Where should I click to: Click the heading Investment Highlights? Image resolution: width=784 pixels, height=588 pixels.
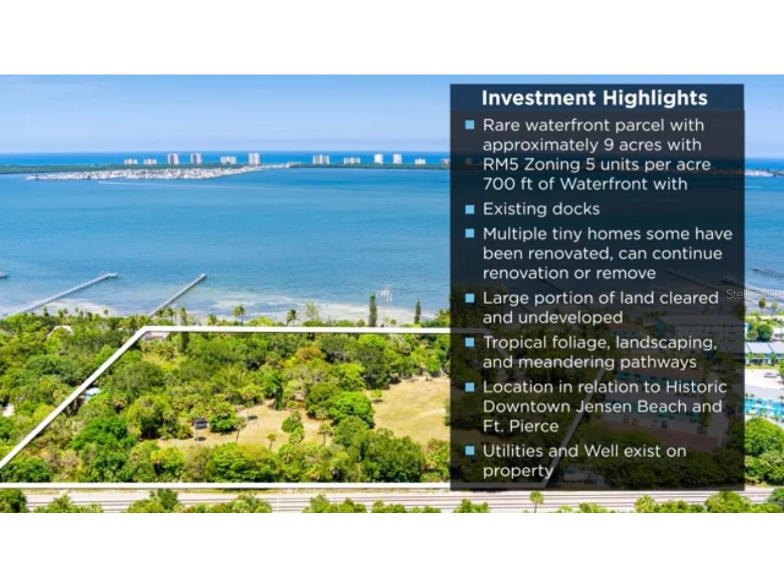pyautogui.click(x=594, y=98)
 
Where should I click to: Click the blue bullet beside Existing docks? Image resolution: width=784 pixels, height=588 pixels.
pyautogui.click(x=470, y=209)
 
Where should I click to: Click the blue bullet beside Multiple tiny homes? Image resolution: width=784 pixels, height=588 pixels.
pyautogui.click(x=470, y=233)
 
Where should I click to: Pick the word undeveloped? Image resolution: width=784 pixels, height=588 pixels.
pyautogui.click(x=570, y=318)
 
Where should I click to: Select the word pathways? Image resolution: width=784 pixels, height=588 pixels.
pyautogui.click(x=658, y=363)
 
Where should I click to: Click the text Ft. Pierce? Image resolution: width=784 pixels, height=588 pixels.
pyautogui.click(x=520, y=426)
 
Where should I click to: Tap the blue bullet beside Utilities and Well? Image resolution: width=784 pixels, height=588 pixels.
pyautogui.click(x=470, y=451)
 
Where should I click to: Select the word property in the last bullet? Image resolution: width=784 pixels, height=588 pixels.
pyautogui.click(x=518, y=471)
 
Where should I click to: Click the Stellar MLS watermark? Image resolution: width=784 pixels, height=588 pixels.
pyautogui.click(x=753, y=294)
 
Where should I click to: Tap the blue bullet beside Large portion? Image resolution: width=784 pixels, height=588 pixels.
pyautogui.click(x=470, y=298)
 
